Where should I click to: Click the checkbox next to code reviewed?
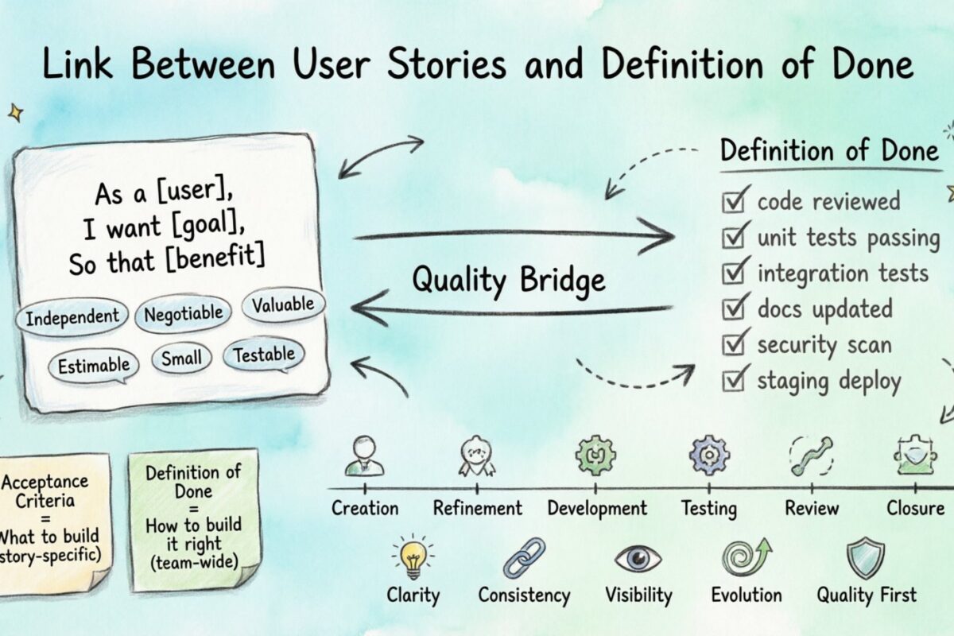point(732,200)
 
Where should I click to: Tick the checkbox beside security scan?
point(732,344)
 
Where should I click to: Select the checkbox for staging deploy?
point(732,381)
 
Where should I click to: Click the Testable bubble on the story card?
point(264,355)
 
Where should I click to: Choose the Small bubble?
point(181,359)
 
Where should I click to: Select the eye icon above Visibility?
point(638,558)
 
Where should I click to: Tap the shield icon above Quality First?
point(865,558)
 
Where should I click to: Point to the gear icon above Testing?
point(708,456)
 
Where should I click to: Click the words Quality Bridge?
point(508,279)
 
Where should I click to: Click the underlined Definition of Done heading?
point(829,150)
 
